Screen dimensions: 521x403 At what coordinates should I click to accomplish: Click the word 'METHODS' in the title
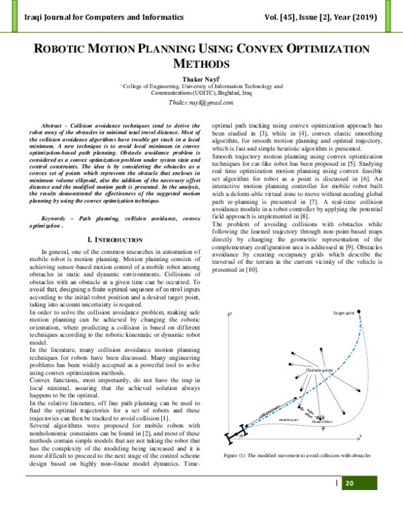(201, 64)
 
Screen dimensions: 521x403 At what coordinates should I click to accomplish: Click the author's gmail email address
(201, 103)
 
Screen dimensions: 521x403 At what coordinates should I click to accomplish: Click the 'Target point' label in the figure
(345, 314)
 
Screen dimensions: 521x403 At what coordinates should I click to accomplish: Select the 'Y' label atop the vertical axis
(230, 314)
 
